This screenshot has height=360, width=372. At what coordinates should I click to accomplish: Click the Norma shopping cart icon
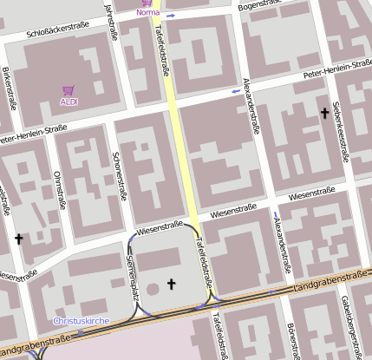pos(147,3)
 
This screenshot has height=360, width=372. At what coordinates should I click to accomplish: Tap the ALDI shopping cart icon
pos(69,90)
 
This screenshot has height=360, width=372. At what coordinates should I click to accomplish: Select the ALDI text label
pos(69,101)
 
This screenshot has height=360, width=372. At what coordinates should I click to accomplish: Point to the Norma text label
pos(148,13)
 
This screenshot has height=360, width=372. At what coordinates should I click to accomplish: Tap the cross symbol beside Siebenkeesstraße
pos(325,113)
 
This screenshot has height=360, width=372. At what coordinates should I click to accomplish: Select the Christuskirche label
pos(82,321)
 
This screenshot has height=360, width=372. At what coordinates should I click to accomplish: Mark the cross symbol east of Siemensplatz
pos(171,283)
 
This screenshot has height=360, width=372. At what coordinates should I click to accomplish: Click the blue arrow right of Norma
pos(172,16)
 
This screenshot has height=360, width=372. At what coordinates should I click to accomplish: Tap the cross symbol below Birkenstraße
pos(18,238)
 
